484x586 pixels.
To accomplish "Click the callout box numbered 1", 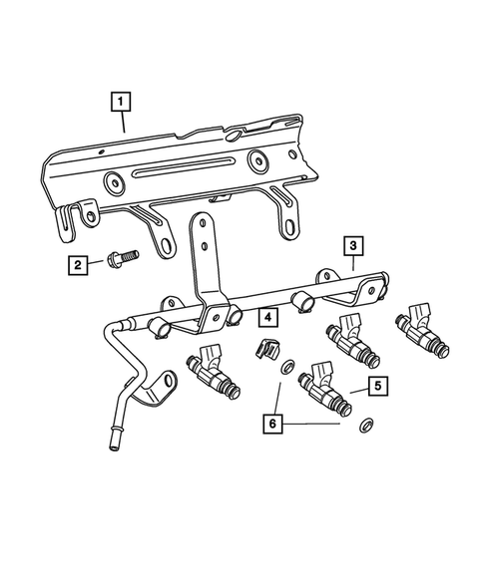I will coord(121,101).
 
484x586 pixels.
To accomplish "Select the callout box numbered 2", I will coord(77,264).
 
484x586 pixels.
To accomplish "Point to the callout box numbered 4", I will coord(267,317).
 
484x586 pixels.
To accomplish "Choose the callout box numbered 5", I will coord(375,383).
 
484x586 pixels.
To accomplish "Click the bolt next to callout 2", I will coord(119,262).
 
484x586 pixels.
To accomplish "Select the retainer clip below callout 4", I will coord(264,351).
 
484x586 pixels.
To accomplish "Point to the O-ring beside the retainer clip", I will coord(287,367).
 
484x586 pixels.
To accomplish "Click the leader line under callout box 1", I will coord(123,123).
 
